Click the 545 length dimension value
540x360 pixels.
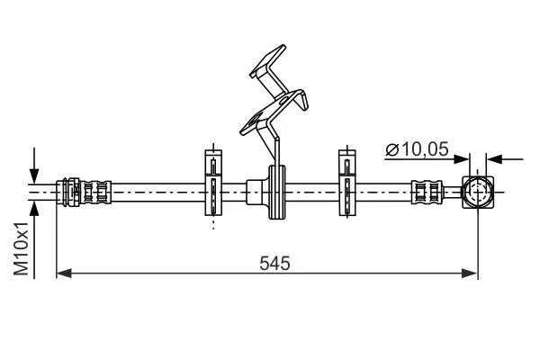(x=274, y=264)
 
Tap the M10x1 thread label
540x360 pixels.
(x=21, y=248)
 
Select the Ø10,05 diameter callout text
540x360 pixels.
(x=417, y=149)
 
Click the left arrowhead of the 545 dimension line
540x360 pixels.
(x=64, y=274)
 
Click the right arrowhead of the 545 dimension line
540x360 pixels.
(x=470, y=274)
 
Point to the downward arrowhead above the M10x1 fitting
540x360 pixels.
(x=34, y=175)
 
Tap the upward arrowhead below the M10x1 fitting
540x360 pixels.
(x=34, y=209)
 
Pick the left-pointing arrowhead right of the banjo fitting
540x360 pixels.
(x=494, y=159)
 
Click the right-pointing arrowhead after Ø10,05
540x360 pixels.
(x=461, y=159)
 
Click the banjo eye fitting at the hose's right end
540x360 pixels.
(x=478, y=193)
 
